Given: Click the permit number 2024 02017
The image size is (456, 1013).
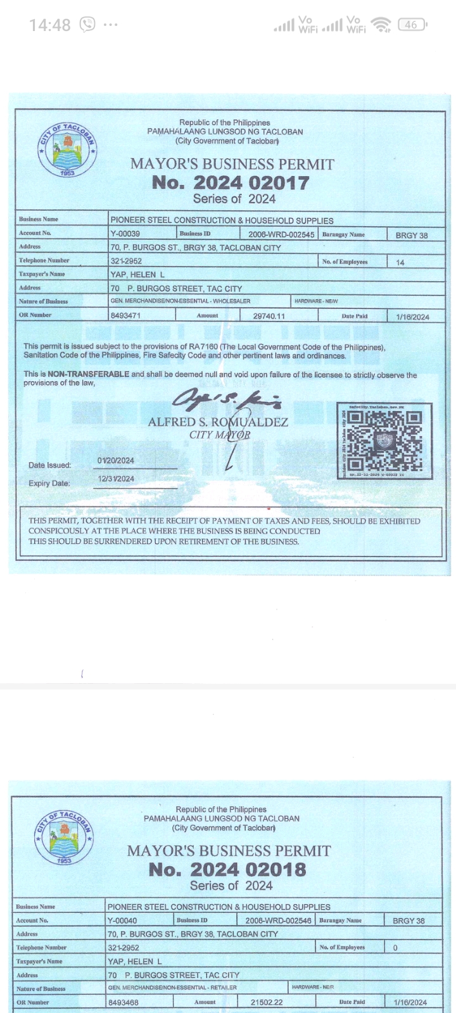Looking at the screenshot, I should (x=231, y=182).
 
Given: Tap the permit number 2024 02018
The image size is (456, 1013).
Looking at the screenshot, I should (x=227, y=869).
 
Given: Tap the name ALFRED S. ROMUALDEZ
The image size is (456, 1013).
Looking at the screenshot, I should (x=218, y=422).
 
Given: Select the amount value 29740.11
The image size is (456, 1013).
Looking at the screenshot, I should (x=269, y=316).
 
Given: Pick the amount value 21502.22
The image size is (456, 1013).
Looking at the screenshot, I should (x=267, y=1003).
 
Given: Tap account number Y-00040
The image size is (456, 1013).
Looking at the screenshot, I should (x=122, y=921).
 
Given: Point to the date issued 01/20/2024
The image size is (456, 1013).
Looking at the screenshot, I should (x=116, y=460).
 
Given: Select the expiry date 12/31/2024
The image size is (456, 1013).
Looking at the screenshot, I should (x=116, y=479).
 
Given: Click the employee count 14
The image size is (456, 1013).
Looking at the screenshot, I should (x=400, y=262).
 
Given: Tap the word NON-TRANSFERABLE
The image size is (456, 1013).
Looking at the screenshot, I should (x=94, y=374).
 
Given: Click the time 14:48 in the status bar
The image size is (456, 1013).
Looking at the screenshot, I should (x=50, y=25).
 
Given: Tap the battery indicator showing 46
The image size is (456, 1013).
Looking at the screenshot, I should (x=412, y=25).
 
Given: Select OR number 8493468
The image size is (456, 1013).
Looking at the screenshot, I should (x=123, y=1002).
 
